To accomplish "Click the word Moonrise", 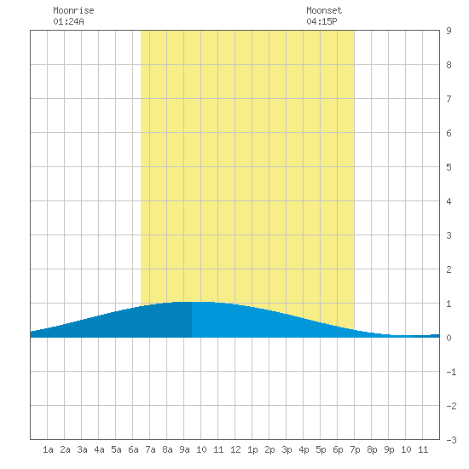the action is tap(73, 10).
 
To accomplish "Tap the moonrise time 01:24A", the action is tap(68, 21).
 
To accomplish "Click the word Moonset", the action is tap(324, 10).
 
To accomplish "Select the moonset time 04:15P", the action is tap(321, 21).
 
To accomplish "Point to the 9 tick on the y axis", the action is tap(449, 31).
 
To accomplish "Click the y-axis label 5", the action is tap(449, 167).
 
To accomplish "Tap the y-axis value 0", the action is tap(449, 338).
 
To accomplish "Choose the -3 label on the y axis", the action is tap(451, 440).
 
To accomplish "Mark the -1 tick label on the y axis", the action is tap(451, 372).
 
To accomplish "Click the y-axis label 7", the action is tap(449, 99).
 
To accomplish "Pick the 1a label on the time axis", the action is tap(48, 449).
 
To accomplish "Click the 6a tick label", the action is tap(133, 449).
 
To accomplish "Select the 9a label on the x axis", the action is tap(184, 449).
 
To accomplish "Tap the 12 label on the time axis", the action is tap(235, 449).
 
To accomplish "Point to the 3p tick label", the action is tap(287, 449).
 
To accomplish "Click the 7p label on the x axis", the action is tap(355, 449).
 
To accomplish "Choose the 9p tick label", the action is tap(389, 449).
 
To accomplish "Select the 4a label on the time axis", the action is tap(99, 449).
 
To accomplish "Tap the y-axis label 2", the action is tap(449, 269).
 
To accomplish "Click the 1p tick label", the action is tap(252, 449).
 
